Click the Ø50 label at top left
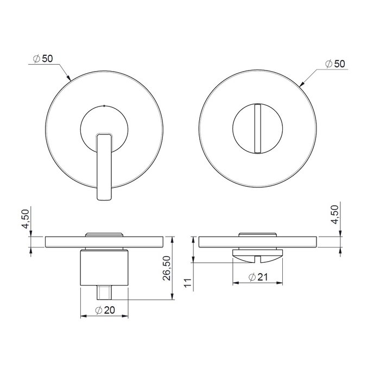pyautogui.click(x=43, y=59)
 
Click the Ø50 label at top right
pyautogui.click(x=335, y=64)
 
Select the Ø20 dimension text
pyautogui.click(x=105, y=310)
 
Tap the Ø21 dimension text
pyautogui.click(x=259, y=277)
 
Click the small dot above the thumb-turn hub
pyautogui.click(x=104, y=106)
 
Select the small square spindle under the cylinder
pyautogui.click(x=104, y=293)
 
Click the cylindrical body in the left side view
pyautogui.click(x=104, y=268)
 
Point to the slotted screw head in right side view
pyautogui.click(x=258, y=252)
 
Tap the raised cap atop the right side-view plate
pyautogui.click(x=258, y=234)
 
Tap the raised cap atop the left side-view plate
pyautogui.click(x=104, y=234)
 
